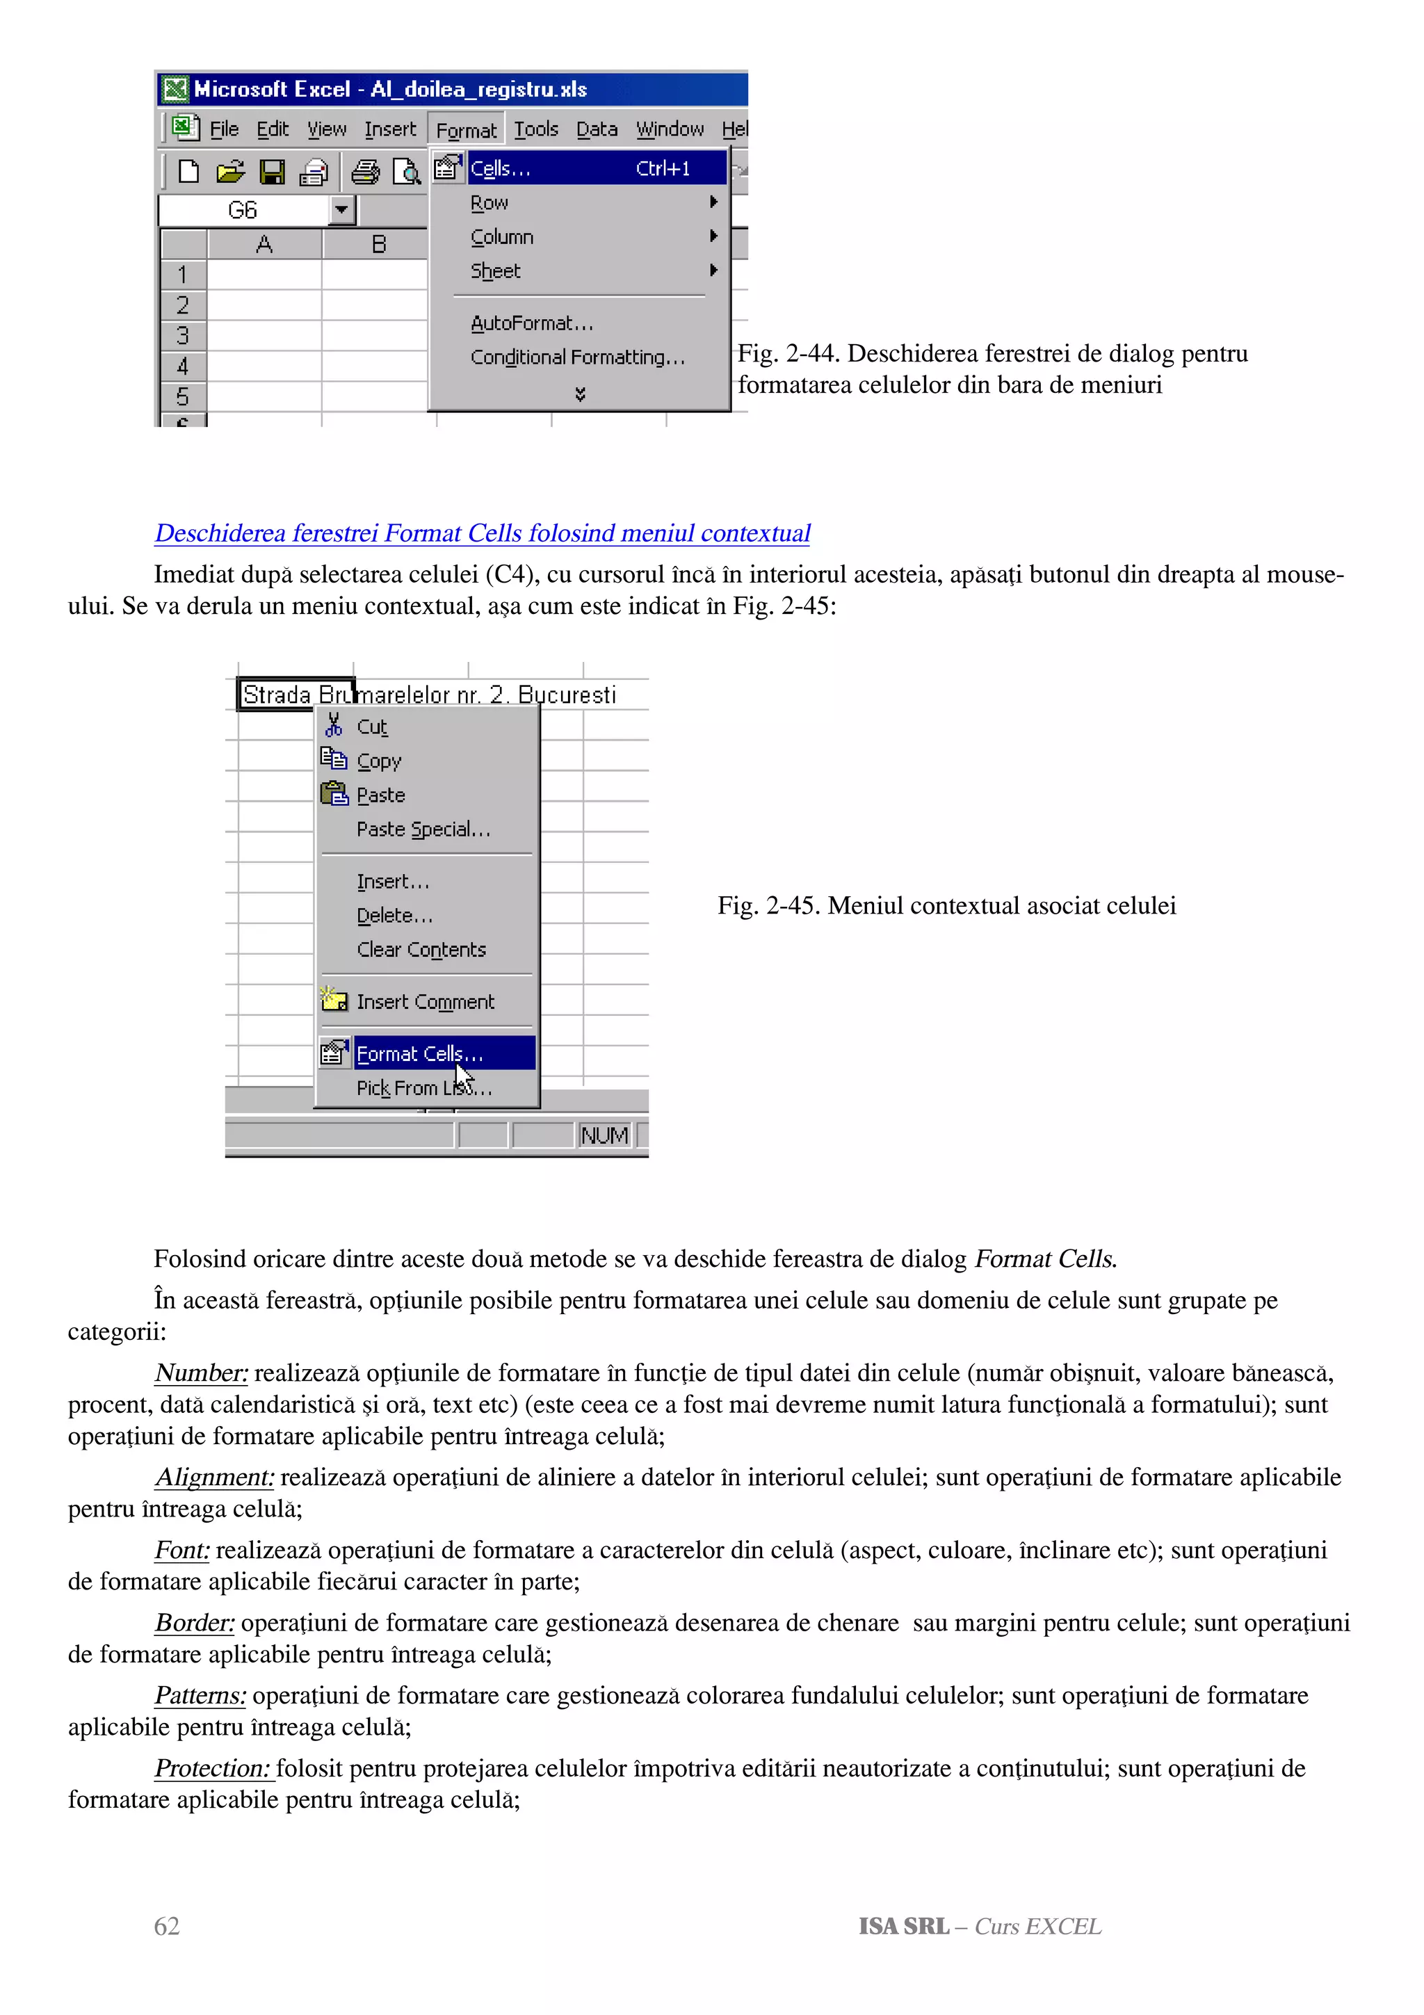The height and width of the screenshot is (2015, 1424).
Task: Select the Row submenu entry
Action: tap(489, 203)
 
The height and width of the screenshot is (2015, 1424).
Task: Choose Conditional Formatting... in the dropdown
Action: tap(576, 357)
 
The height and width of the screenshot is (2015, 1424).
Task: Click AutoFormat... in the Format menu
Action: tap(532, 323)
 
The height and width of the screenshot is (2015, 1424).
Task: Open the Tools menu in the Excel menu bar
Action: tap(535, 130)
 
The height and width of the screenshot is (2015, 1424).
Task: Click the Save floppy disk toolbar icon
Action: tap(272, 171)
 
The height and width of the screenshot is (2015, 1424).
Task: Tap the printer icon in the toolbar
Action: tap(365, 171)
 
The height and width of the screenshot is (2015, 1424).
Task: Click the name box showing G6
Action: tap(243, 211)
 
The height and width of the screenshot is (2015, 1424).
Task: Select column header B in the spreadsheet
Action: tap(378, 244)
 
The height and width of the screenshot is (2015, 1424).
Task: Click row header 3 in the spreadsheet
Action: tap(182, 335)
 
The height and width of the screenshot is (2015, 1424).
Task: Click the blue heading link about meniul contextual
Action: tap(482, 533)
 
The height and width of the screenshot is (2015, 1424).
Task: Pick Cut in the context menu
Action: tap(372, 727)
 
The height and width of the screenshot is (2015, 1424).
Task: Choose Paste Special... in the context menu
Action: tap(423, 830)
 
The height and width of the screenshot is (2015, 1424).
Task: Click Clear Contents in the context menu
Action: tap(421, 950)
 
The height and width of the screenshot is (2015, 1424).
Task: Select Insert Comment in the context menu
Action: tap(425, 1001)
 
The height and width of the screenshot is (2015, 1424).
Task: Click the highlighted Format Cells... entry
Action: tap(419, 1053)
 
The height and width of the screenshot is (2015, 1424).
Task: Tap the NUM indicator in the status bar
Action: tap(604, 1135)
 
